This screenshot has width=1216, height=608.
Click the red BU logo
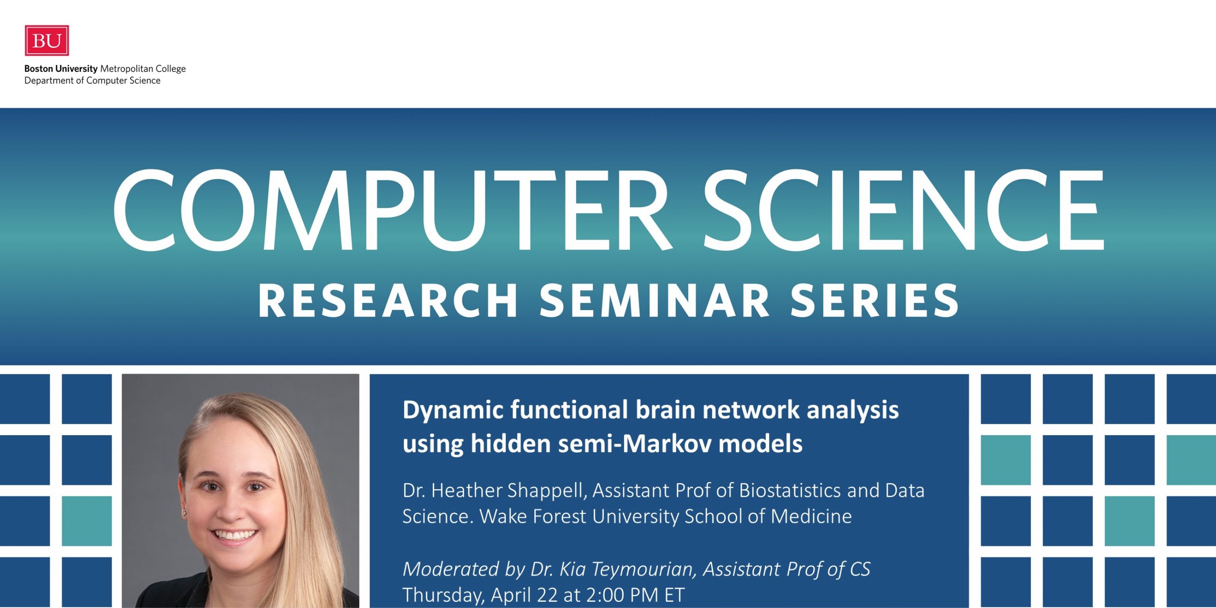pyautogui.click(x=47, y=40)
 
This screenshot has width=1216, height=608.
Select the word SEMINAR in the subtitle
pyautogui.click(x=655, y=301)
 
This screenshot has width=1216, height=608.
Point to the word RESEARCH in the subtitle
pyautogui.click(x=388, y=301)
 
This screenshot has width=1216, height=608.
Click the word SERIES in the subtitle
pyautogui.click(x=874, y=301)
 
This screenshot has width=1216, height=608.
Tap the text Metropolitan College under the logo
pyautogui.click(x=143, y=69)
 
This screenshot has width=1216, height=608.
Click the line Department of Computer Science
pyautogui.click(x=93, y=81)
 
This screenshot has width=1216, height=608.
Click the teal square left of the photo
pyautogui.click(x=87, y=521)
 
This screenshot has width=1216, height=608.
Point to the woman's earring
pyautogui.click(x=183, y=512)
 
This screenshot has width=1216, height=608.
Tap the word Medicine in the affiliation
pyautogui.click(x=811, y=516)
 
